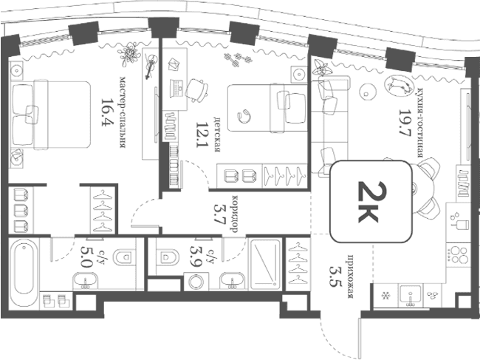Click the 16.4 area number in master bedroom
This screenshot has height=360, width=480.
(x=107, y=112)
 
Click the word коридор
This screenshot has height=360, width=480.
(x=235, y=214)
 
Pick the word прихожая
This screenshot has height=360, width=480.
(x=351, y=276)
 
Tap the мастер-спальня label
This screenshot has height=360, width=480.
(x=123, y=112)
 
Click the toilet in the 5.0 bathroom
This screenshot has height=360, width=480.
(x=124, y=257)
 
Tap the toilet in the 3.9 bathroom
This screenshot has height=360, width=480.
(x=168, y=256)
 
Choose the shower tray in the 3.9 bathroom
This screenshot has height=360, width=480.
(x=265, y=265)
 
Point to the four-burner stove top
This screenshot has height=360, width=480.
(x=458, y=255)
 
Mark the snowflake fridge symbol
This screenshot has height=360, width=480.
(x=385, y=296)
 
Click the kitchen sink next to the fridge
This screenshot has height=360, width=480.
(x=410, y=295)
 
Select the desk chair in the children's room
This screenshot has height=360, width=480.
(x=197, y=89)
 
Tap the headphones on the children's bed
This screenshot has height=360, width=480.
(x=244, y=116)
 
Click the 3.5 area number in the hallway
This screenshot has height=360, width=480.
(x=335, y=276)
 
